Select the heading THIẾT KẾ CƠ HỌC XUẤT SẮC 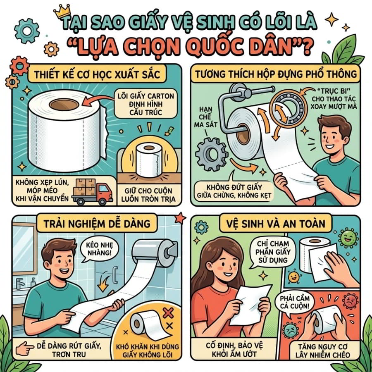97,74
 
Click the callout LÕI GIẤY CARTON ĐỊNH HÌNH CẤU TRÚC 145,104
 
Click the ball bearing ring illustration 287,107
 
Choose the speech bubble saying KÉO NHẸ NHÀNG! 99,249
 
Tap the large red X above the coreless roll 168,313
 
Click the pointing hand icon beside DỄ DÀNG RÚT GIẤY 24,349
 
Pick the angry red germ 350,301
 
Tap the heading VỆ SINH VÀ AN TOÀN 275,224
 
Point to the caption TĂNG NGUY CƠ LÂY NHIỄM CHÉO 323,351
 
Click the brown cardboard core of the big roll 64,105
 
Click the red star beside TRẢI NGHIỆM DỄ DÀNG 180,218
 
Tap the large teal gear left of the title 26,31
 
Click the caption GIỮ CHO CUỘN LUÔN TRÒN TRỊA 148,195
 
